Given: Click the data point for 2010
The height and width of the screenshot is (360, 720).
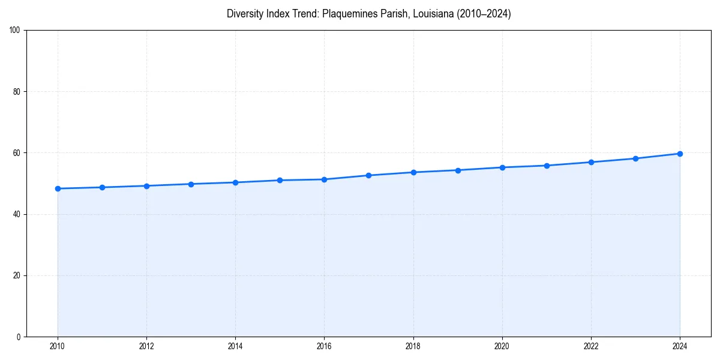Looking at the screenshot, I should click(x=58, y=188).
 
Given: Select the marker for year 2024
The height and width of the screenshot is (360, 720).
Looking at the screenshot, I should click(x=680, y=154).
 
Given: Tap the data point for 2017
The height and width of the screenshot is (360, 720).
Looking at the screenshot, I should click(x=368, y=175).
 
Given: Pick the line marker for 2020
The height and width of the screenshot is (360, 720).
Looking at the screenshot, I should click(x=502, y=167).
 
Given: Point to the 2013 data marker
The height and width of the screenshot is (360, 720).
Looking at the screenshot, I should click(x=191, y=184).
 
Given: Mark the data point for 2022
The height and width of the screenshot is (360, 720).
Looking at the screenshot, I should click(x=591, y=162).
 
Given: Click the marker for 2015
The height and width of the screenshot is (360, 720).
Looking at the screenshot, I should click(x=280, y=180).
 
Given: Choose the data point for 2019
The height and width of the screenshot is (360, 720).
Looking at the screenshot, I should click(x=458, y=170).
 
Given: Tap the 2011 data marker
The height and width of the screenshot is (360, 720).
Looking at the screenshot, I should click(x=102, y=187).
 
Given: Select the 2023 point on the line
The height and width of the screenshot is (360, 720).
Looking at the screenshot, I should click(x=635, y=158).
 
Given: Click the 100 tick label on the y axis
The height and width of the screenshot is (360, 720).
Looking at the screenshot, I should click(x=14, y=31).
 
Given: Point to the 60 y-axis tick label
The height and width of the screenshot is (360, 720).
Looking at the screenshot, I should click(x=16, y=153).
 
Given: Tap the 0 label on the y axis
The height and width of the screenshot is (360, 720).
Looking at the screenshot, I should click(x=18, y=337).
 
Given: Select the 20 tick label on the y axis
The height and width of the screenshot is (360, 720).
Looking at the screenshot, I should click(x=16, y=275).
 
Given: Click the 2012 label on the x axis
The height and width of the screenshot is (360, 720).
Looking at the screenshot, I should click(x=146, y=346).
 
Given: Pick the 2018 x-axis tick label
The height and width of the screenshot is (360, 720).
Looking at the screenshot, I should click(x=413, y=346).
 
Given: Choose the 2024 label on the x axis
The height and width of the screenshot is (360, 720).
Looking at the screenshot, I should click(x=680, y=346).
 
